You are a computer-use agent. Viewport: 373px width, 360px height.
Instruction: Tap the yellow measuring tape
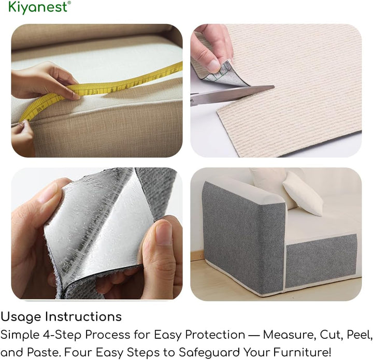pos(100,89)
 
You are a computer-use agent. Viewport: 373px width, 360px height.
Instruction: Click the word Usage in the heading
pos(21,317)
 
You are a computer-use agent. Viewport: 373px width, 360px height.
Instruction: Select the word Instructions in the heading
pos(83,316)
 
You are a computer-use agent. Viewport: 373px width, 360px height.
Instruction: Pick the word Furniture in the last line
pos(302,352)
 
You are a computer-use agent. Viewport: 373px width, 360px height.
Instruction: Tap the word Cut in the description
pos(332,335)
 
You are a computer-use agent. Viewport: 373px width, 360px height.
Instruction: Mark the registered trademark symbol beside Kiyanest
pos(69,3)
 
